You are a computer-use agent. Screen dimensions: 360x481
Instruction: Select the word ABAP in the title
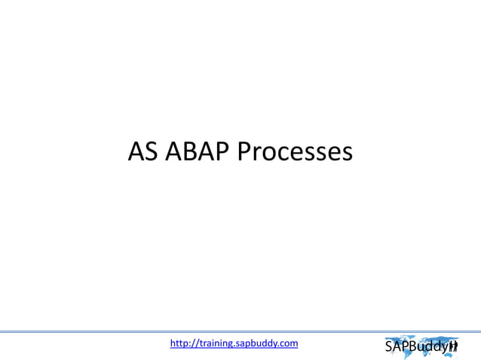click(196, 152)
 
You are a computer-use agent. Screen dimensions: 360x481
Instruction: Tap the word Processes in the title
click(295, 152)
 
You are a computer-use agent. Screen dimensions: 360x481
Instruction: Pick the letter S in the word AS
click(152, 152)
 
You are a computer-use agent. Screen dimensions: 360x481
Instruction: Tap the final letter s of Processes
click(345, 154)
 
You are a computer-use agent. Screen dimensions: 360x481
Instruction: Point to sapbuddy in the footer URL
click(260, 343)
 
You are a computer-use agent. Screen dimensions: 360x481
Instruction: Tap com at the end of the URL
click(290, 343)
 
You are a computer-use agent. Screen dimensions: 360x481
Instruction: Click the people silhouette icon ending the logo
click(454, 346)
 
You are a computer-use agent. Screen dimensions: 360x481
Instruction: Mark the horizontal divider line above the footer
click(240, 331)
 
